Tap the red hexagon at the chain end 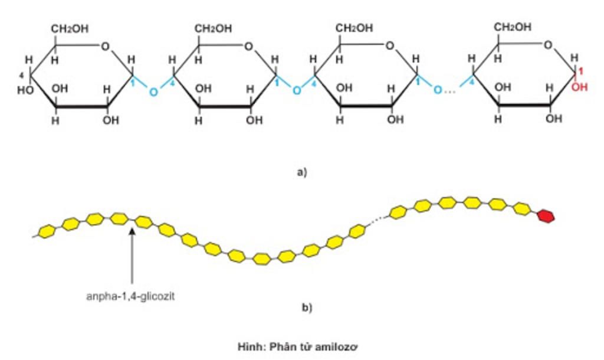(x=546, y=217)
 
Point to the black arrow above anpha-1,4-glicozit (x=132, y=254)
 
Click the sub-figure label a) (x=303, y=173)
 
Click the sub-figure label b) (x=306, y=307)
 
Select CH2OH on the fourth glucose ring (x=512, y=27)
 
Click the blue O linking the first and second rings (x=153, y=92)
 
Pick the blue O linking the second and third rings (x=296, y=90)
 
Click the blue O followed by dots (x=437, y=90)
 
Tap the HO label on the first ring (x=25, y=91)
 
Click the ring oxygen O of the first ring (x=105, y=47)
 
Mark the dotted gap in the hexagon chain (x=376, y=221)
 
